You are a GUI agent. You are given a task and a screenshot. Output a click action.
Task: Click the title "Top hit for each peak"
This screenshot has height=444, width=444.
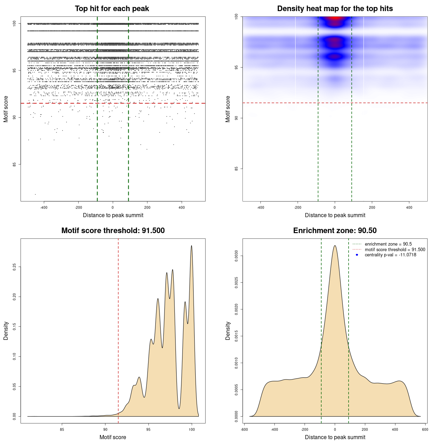click(112, 9)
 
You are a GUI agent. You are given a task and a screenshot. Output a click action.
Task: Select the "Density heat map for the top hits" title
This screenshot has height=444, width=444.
click(335, 9)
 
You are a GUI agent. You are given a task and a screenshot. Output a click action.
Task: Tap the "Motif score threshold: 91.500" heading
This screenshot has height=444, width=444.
click(113, 231)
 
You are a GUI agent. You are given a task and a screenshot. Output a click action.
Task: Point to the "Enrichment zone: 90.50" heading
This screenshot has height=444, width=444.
click(335, 231)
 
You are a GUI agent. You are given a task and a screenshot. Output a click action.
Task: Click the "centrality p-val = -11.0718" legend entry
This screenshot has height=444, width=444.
click(390, 255)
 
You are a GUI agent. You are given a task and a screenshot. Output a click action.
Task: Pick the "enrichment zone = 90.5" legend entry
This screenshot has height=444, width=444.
click(388, 244)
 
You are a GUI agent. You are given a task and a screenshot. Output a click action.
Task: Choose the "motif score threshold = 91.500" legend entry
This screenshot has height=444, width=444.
click(395, 250)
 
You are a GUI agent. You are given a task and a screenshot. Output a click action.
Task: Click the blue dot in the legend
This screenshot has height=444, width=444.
click(357, 255)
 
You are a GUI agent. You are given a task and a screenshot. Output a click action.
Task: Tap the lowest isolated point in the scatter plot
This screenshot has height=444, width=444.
click(35, 194)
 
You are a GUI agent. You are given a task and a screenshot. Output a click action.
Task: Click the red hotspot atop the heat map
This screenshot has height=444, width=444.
click(335, 18)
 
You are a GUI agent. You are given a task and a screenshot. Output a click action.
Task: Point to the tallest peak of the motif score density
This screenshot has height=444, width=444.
click(191, 246)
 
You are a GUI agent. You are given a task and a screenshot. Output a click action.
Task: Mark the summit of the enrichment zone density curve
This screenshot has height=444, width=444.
click(335, 246)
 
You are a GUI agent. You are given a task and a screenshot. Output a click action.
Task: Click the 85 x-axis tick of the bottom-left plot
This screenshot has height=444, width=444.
click(62, 429)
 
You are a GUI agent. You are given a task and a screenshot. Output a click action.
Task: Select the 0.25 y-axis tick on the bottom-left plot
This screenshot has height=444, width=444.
click(15, 267)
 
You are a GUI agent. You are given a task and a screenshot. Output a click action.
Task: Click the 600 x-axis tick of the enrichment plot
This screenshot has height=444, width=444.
click(425, 429)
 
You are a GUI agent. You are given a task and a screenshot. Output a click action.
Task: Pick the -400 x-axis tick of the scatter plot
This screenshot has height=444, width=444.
click(44, 207)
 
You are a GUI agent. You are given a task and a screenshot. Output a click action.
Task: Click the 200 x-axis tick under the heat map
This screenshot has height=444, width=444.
click(372, 207)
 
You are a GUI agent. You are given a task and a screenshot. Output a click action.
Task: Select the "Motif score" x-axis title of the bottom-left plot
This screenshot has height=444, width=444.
click(113, 437)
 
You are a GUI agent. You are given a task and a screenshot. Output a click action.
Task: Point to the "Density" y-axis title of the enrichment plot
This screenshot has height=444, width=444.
click(228, 331)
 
